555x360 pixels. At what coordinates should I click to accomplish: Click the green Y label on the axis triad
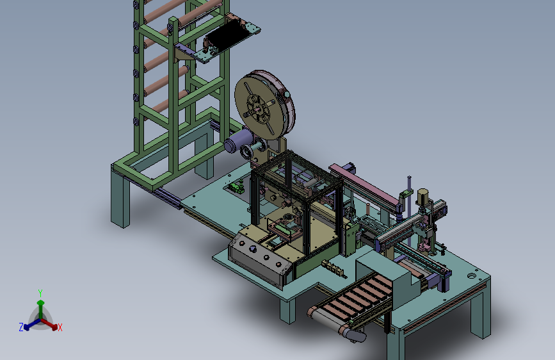coord(40,293)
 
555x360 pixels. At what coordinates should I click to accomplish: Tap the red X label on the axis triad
coord(60,327)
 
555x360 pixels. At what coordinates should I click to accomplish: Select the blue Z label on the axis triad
coord(21,327)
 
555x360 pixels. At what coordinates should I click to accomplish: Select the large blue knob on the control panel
coord(253,249)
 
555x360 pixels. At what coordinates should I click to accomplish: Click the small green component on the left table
coord(236,188)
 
